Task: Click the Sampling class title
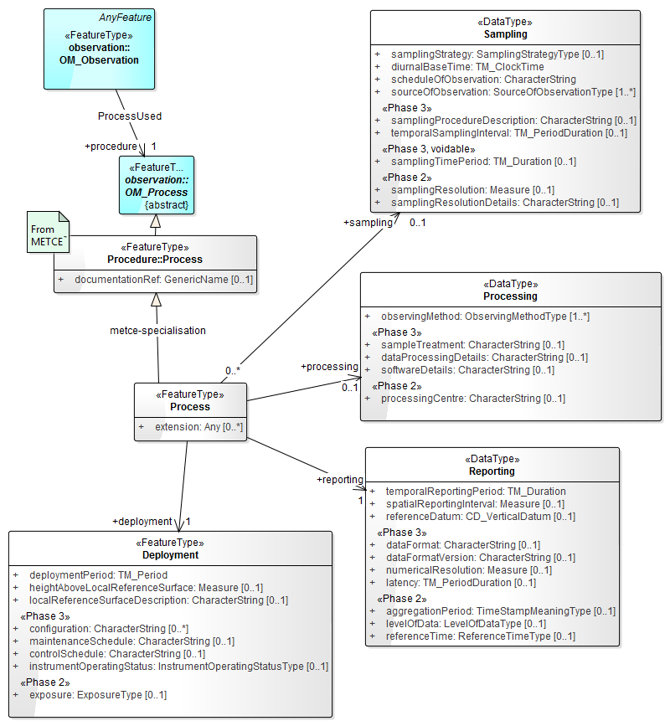click(505, 35)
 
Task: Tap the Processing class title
click(510, 296)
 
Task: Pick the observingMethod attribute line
click(485, 317)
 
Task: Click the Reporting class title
click(492, 471)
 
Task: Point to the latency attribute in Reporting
click(461, 583)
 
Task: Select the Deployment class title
click(170, 555)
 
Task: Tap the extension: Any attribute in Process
click(198, 427)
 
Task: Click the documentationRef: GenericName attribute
click(163, 280)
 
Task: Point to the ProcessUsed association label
click(130, 116)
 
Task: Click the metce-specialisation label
click(157, 330)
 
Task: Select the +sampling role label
click(367, 223)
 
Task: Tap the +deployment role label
click(142, 521)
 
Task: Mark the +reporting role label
click(339, 480)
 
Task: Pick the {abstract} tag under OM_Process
click(167, 205)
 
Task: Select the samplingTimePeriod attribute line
click(483, 162)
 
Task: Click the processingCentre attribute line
click(472, 399)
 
